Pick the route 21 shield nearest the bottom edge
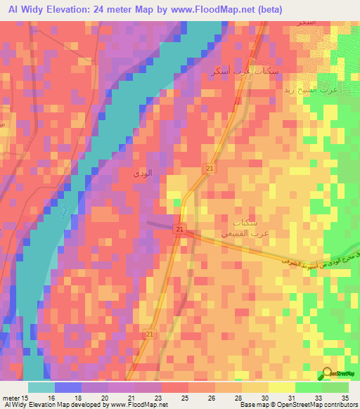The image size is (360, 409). click(150, 334)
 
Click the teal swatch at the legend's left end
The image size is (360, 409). click(41, 387)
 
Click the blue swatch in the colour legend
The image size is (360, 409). click(68, 387)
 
